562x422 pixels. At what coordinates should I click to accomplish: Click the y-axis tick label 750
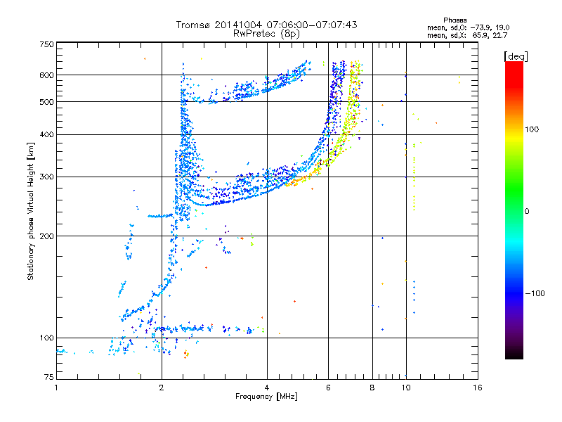[x=46, y=44]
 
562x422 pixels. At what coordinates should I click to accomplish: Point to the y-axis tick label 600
[x=46, y=75]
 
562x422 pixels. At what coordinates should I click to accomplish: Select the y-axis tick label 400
[x=46, y=134]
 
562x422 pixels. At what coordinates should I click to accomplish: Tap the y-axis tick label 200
[x=46, y=236]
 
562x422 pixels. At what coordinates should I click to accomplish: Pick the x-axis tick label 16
[x=477, y=388]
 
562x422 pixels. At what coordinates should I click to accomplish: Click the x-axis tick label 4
[x=267, y=388]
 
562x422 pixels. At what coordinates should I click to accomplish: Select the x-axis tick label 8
[x=372, y=388]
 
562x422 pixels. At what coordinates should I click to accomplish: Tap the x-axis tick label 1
[x=56, y=388]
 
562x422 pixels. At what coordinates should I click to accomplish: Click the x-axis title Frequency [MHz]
[x=266, y=397]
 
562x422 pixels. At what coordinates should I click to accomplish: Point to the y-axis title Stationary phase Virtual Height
[x=31, y=211]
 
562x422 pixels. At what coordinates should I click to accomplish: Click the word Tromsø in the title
[x=194, y=25]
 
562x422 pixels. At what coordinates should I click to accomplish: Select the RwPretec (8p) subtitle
[x=266, y=33]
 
